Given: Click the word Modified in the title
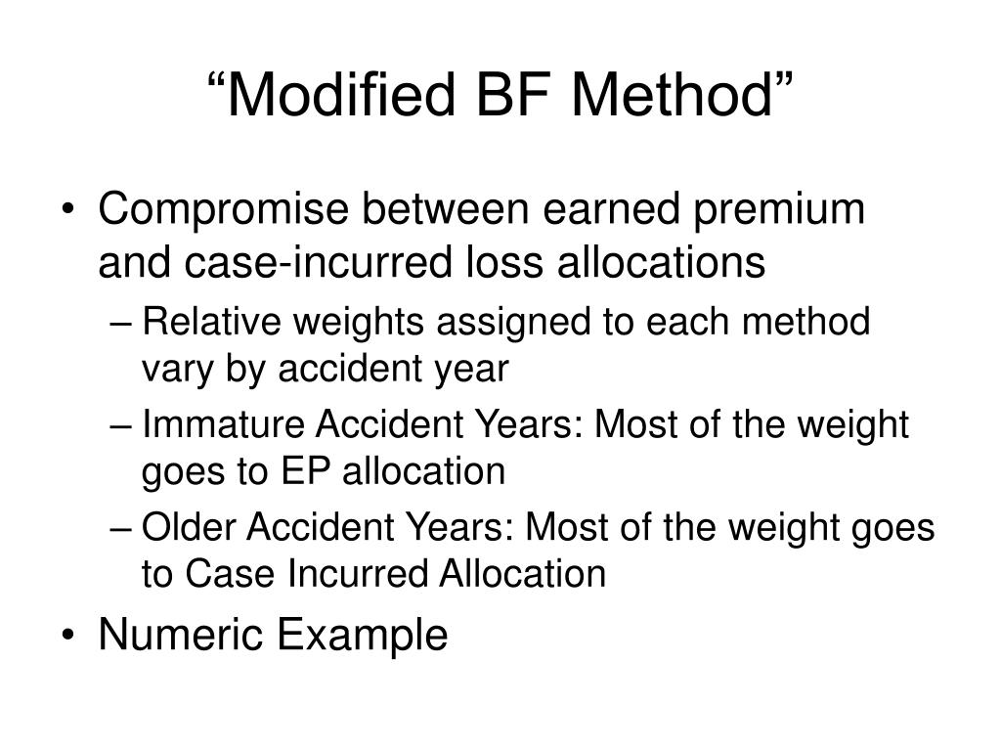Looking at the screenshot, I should click(x=353, y=95).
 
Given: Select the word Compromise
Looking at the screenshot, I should click(x=231, y=210).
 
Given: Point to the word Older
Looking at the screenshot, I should click(x=188, y=527).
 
